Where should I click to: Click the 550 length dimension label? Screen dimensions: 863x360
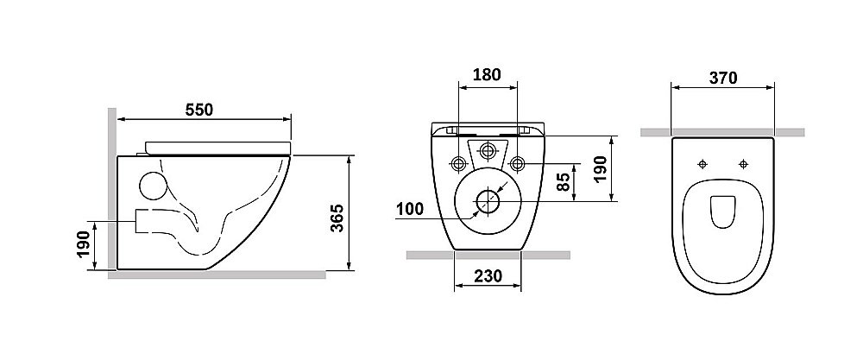click(198, 111)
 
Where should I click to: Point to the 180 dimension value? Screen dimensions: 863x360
click(487, 74)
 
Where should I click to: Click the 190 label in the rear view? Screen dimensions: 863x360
click(600, 169)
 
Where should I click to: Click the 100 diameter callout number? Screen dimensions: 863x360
click(410, 209)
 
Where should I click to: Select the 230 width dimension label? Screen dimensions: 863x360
click(488, 275)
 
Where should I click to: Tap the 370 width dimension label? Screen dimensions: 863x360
click(722, 79)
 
